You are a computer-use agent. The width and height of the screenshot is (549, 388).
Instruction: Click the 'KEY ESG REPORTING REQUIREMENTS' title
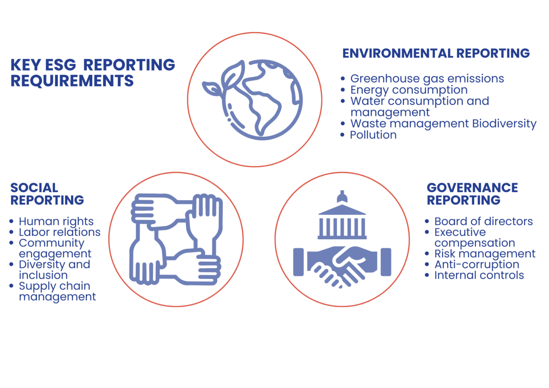point(93,73)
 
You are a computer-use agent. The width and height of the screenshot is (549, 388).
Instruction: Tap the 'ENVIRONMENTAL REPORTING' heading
point(436,53)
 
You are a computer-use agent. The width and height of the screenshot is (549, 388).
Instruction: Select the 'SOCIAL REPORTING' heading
point(47,194)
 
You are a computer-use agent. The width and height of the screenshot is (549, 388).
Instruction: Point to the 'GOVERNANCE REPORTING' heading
point(472,194)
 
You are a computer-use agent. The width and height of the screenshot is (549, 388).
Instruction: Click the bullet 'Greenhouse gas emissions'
point(427,79)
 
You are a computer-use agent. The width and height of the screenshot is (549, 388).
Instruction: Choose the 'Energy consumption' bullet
point(409,90)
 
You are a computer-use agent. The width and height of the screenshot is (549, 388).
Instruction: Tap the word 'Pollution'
point(373,135)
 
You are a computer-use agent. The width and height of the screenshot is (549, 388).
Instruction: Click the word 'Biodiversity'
point(504,124)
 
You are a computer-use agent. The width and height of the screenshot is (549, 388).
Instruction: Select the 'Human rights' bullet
point(56,222)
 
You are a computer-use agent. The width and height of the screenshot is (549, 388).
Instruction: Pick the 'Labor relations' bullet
point(60,232)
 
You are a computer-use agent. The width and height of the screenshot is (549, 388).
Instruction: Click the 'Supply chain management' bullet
point(57,291)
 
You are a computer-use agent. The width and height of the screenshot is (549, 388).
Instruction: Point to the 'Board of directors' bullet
point(483,222)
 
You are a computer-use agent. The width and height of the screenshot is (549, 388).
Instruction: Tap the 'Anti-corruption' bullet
point(476,265)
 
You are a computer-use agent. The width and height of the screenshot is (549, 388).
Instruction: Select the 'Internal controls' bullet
point(479,275)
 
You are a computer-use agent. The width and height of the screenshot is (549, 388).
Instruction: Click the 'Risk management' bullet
point(485,254)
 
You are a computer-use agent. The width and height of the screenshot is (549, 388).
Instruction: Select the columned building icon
point(342,218)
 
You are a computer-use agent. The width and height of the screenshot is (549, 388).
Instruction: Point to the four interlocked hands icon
point(176,239)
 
